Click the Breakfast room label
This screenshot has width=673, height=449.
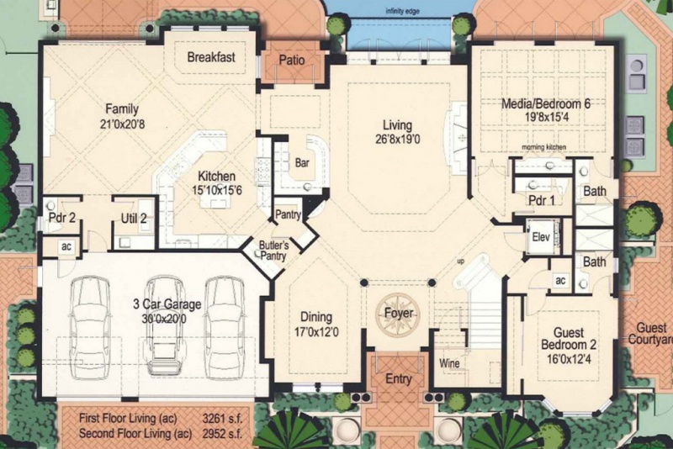[x=211, y=57]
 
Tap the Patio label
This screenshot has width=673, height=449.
[x=292, y=60]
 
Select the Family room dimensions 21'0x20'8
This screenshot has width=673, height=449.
[x=122, y=124]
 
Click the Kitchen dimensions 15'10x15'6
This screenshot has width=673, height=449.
[x=217, y=190]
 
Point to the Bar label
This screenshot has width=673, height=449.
[x=302, y=163]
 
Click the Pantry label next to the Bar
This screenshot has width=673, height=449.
[x=288, y=214]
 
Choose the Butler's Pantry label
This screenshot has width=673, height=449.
[x=274, y=251]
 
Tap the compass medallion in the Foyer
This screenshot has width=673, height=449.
[x=398, y=314]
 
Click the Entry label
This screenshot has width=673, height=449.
[x=399, y=379]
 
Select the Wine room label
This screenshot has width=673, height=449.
[x=449, y=364]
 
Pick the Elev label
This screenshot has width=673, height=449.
[x=541, y=237]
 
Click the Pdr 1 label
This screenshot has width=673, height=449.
[x=542, y=200]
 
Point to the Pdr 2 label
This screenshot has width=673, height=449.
[x=62, y=218]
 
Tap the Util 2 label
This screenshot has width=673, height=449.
[x=134, y=219]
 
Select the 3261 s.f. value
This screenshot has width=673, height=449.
[x=222, y=418]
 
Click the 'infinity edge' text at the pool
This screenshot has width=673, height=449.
[x=403, y=11]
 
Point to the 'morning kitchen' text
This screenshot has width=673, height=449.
[x=543, y=147]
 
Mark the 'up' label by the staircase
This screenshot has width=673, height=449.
[x=460, y=261]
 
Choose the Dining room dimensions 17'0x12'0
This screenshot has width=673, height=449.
[x=316, y=331]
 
